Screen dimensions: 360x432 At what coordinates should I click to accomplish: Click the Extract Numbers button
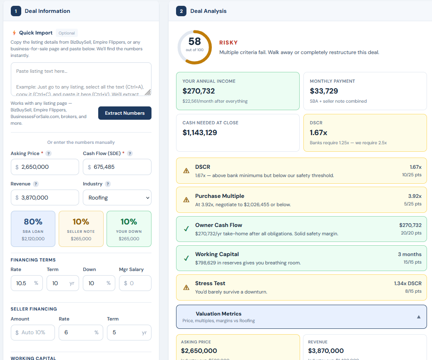pyautogui.click(x=125, y=113)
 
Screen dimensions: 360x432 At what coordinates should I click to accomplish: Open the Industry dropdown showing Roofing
pyautogui.click(x=117, y=197)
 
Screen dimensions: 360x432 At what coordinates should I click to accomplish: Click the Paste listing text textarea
pyautogui.click(x=81, y=79)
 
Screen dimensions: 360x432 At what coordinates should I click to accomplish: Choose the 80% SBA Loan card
pyautogui.click(x=33, y=229)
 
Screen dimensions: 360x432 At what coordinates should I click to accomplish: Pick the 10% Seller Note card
pyautogui.click(x=81, y=229)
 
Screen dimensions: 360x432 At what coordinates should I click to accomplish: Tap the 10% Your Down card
pyautogui.click(x=129, y=229)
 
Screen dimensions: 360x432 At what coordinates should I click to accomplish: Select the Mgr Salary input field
pyautogui.click(x=135, y=283)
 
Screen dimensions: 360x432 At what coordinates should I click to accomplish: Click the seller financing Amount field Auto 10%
pyautogui.click(x=33, y=333)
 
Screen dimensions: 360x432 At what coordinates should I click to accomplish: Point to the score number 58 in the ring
pyautogui.click(x=194, y=42)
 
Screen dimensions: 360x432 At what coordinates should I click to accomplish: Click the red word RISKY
pyautogui.click(x=228, y=43)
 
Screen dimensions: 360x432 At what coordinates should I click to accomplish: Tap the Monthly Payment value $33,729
pyautogui.click(x=324, y=91)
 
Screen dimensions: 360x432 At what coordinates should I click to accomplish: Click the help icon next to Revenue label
pyautogui.click(x=36, y=184)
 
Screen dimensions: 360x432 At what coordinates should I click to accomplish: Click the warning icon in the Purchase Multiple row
pyautogui.click(x=186, y=200)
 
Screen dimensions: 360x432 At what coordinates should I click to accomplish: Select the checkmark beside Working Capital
pyautogui.click(x=186, y=258)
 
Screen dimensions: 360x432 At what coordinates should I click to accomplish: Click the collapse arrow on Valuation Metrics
pyautogui.click(x=419, y=317)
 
